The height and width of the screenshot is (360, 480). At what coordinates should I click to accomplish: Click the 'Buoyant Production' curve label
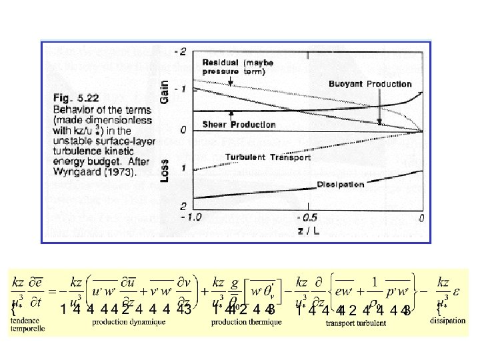pos(370,84)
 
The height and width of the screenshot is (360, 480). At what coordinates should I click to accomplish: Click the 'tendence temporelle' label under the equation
pos(29,323)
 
